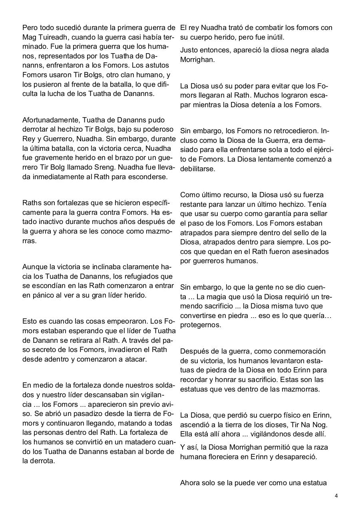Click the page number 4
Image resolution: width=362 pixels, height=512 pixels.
pyautogui.click(x=336, y=496)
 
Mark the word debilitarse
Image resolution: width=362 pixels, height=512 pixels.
pyautogui.click(x=197, y=169)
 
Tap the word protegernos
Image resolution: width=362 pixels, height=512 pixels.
pyautogui.click(x=200, y=325)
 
